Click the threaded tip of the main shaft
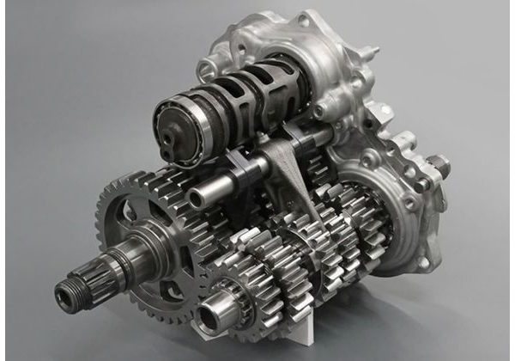[66, 297]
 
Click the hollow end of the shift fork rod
[197, 199]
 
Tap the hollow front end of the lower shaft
[209, 313]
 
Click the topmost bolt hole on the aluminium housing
[304, 19]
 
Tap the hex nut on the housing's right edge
[435, 162]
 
